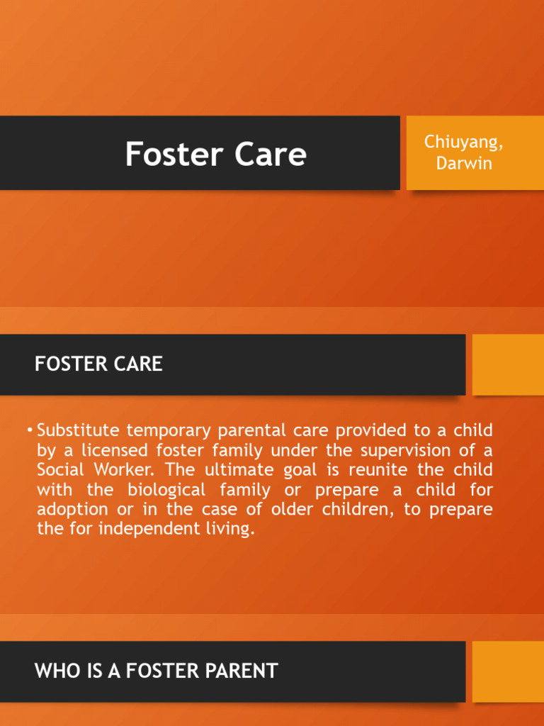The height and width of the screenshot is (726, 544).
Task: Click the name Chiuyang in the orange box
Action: pos(463,143)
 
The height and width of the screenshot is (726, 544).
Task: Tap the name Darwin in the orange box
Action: pos(463,164)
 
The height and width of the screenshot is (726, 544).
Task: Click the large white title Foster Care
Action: pos(215,154)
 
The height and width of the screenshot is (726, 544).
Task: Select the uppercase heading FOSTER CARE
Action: pos(98,364)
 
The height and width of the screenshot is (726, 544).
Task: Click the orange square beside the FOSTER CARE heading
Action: pos(508,364)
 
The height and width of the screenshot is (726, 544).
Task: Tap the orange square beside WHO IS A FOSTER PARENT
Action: pos(508,671)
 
